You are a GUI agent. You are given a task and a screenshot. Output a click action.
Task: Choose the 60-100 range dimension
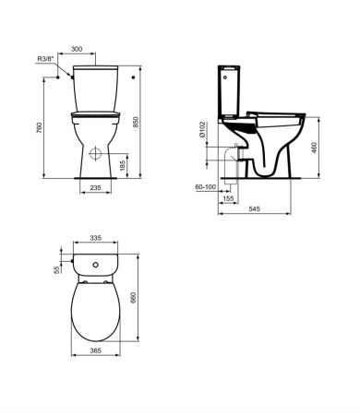click(206, 187)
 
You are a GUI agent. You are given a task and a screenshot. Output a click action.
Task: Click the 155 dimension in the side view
click(226, 197)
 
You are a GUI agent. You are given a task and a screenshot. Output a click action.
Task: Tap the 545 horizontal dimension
click(256, 210)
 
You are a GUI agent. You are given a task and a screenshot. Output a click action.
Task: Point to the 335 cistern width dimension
click(95, 239)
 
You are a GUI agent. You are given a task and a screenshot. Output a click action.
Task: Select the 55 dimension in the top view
click(56, 268)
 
